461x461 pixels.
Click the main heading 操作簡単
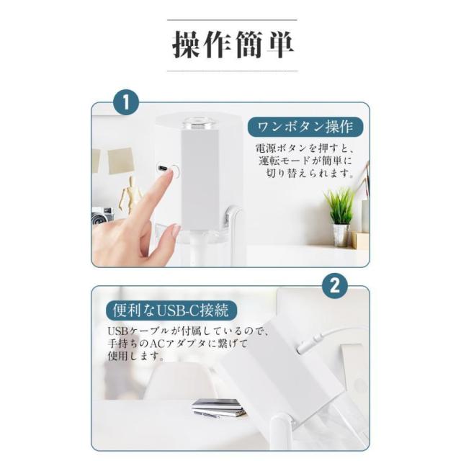click(232, 45)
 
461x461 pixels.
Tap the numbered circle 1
click(126, 102)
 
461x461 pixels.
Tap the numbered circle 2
click(334, 285)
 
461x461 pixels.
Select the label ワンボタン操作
click(305, 127)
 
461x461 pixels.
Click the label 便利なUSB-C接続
click(171, 310)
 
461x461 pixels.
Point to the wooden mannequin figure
click(128, 194)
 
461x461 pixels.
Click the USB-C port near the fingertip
click(163, 168)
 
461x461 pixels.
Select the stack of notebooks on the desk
click(219, 408)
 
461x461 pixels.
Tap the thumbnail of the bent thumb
click(176, 231)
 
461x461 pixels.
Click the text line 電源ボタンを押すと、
click(304, 148)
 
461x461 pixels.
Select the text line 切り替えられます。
click(310, 173)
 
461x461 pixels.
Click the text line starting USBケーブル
click(189, 331)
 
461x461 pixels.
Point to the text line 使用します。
click(136, 356)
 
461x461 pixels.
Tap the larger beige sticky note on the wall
click(120, 161)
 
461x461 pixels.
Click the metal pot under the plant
click(341, 236)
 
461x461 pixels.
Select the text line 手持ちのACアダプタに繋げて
click(178, 344)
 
